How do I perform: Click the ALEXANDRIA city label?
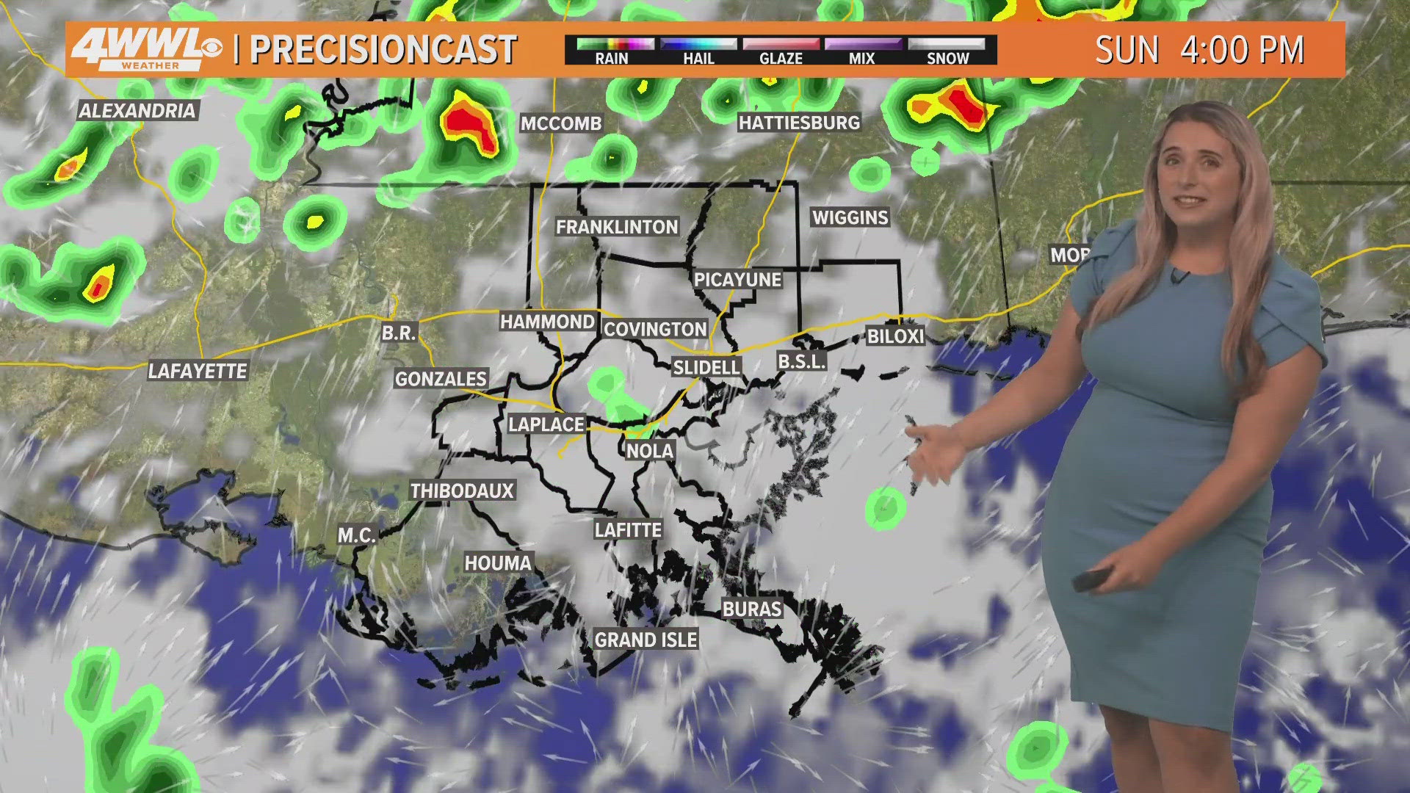coord(137,111)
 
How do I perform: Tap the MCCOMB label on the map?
coord(561,123)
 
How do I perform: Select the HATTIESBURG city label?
coord(799,123)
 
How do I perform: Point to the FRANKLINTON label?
coord(617,227)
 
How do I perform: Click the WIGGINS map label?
coord(850,217)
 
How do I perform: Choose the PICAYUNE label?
coord(738,280)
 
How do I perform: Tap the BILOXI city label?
coord(895,336)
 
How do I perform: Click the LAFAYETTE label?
coord(198,371)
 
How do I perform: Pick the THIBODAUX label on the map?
coord(462,490)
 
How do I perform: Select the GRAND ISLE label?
coord(646,640)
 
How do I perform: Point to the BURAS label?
coord(752,609)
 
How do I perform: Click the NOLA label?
coord(650,451)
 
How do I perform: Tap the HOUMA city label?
coord(498,563)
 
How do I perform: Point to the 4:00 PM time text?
coord(1242,50)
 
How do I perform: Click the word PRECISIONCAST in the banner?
coord(383,50)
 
